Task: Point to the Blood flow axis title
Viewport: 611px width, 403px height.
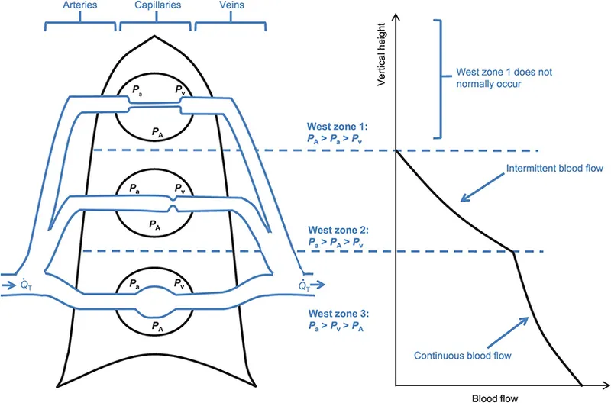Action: (487, 397)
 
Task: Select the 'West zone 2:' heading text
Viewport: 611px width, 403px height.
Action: (334, 229)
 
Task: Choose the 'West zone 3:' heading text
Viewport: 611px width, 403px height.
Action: (334, 313)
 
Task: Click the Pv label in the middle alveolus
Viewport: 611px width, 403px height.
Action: (179, 188)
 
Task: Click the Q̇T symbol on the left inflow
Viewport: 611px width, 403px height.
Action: (24, 285)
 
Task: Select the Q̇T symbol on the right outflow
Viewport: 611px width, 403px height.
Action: (303, 285)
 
